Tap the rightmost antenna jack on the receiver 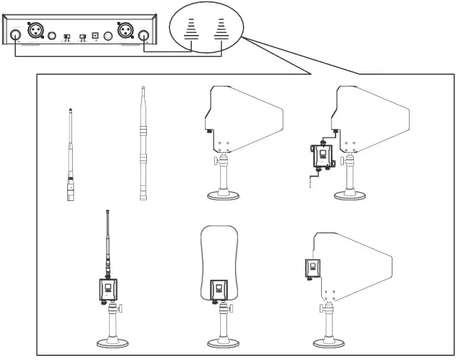(x=143, y=36)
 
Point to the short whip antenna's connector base (x=70, y=188)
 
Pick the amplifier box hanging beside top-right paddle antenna (x=320, y=154)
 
